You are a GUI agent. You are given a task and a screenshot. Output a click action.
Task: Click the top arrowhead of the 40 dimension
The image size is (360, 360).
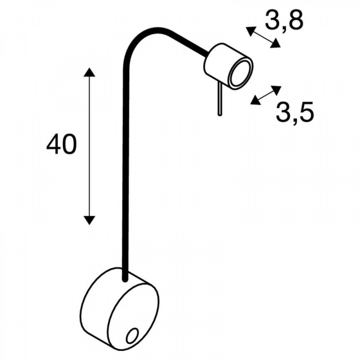89,72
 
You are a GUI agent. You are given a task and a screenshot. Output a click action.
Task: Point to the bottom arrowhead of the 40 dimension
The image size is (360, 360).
89,220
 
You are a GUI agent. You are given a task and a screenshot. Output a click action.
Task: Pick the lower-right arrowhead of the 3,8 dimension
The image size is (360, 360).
275,43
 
